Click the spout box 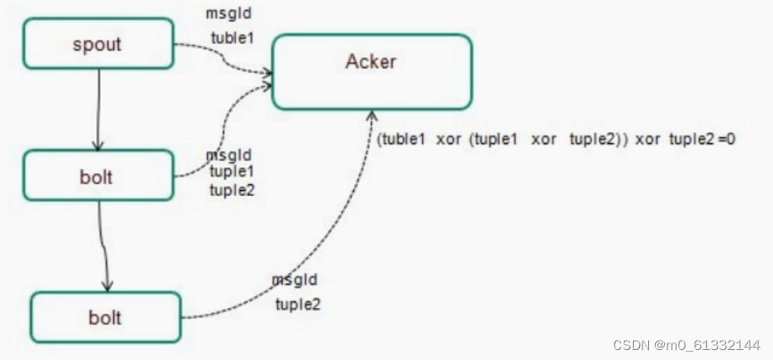tap(97, 44)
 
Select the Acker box tap(371, 71)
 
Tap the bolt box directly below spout tap(97, 176)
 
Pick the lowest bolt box tap(106, 317)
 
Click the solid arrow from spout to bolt tap(99, 109)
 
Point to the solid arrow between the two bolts tap(103, 247)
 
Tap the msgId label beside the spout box tap(228, 13)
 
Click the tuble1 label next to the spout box tap(232, 38)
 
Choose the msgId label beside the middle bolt tap(229, 156)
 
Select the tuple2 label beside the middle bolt tap(233, 189)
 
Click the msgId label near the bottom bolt tap(295, 280)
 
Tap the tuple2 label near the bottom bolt tap(298, 303)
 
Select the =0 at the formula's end tap(725, 139)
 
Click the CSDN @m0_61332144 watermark tap(686, 345)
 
